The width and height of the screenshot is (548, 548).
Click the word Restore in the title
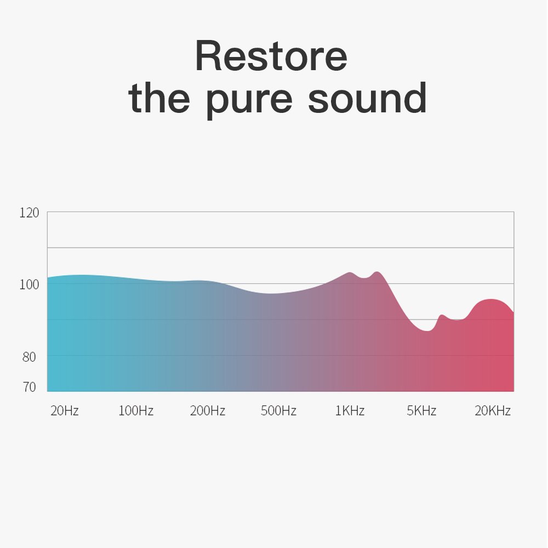[x=271, y=56]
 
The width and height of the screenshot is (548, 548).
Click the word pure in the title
[x=249, y=100]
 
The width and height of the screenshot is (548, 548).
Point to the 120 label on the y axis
[x=29, y=213]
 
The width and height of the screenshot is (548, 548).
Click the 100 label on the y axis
[x=29, y=284]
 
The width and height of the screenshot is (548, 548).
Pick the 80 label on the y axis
[x=29, y=357]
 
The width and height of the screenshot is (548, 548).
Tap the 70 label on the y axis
[x=30, y=387]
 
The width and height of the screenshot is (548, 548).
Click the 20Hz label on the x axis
[x=65, y=410]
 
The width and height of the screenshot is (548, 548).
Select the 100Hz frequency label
[x=136, y=410]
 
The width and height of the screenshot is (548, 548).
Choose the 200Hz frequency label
[x=208, y=410]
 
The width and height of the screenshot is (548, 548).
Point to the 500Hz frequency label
[x=278, y=410]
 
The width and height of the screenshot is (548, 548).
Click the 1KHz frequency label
[x=350, y=410]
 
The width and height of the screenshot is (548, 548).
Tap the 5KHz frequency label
[x=421, y=410]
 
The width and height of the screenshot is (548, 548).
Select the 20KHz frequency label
[x=493, y=410]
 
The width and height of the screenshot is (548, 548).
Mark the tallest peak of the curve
[x=377, y=272]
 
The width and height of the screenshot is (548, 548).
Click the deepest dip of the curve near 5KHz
[x=427, y=330]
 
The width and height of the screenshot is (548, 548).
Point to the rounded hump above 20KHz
[x=491, y=299]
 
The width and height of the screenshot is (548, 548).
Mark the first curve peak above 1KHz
[x=350, y=272]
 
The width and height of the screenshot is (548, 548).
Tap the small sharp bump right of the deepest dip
[x=442, y=315]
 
